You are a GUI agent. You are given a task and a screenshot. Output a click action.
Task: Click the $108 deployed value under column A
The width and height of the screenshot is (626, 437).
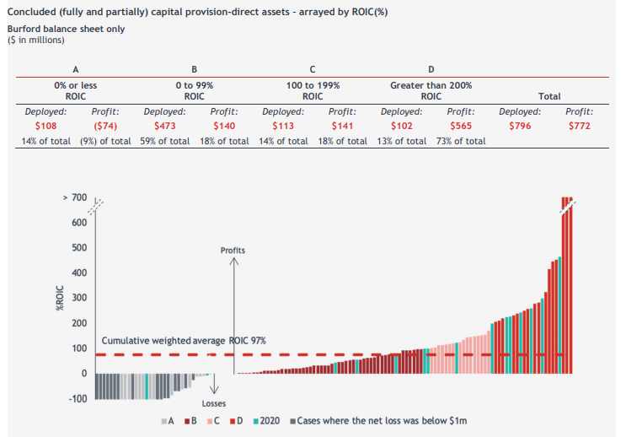(x=45, y=126)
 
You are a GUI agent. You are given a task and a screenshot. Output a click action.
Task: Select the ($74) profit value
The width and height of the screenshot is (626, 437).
(x=105, y=126)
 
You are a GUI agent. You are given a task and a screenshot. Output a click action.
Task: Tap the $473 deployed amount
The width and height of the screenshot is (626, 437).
(x=165, y=126)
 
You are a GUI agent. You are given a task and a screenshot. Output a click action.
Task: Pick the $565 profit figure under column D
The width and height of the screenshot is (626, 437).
(x=461, y=126)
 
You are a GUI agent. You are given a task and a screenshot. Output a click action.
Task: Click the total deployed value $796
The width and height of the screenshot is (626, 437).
(x=520, y=126)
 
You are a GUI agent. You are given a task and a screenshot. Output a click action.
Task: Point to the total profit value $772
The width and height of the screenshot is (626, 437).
(x=580, y=126)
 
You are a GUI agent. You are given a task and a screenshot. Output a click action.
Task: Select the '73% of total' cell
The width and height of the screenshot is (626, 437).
(x=461, y=141)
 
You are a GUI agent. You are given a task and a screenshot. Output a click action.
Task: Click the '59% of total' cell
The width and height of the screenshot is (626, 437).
(x=165, y=141)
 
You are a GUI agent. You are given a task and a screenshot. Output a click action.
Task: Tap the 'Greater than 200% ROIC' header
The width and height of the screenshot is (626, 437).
(x=431, y=91)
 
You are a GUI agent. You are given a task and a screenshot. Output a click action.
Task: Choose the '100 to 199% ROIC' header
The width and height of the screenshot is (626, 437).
(x=313, y=91)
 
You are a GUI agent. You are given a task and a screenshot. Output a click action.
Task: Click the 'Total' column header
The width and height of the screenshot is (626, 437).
(x=549, y=96)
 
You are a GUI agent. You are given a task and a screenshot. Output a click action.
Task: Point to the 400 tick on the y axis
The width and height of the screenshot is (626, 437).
(x=79, y=272)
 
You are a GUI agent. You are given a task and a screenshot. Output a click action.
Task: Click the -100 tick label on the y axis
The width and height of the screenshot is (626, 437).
(x=78, y=399)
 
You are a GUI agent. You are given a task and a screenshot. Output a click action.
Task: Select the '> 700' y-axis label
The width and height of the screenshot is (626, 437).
(x=75, y=197)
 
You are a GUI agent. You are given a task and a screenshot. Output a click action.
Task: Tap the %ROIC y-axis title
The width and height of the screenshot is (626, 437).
(x=60, y=298)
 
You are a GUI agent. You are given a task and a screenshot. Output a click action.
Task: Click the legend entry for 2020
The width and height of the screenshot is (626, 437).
(x=266, y=421)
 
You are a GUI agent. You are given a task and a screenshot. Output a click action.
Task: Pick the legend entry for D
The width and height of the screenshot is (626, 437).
(x=237, y=421)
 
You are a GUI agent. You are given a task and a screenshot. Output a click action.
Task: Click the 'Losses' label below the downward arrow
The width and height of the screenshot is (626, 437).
(x=214, y=403)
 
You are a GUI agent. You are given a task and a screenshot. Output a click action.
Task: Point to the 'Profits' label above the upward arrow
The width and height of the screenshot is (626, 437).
(x=233, y=251)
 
